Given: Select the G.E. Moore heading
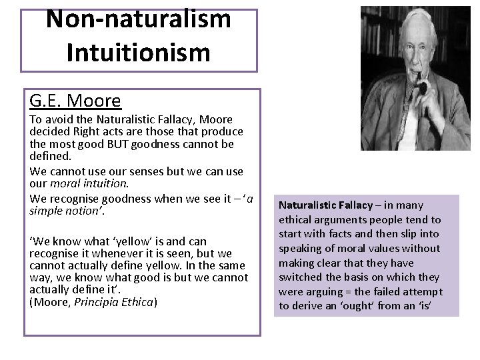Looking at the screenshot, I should click(x=75, y=101).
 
